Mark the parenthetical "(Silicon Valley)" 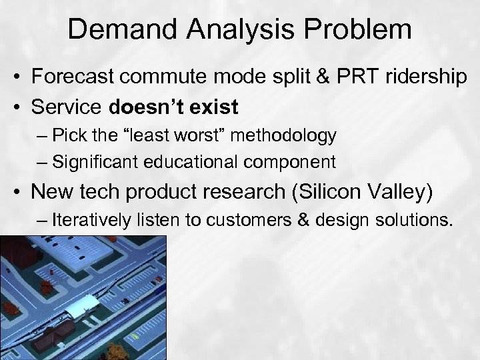363,193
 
